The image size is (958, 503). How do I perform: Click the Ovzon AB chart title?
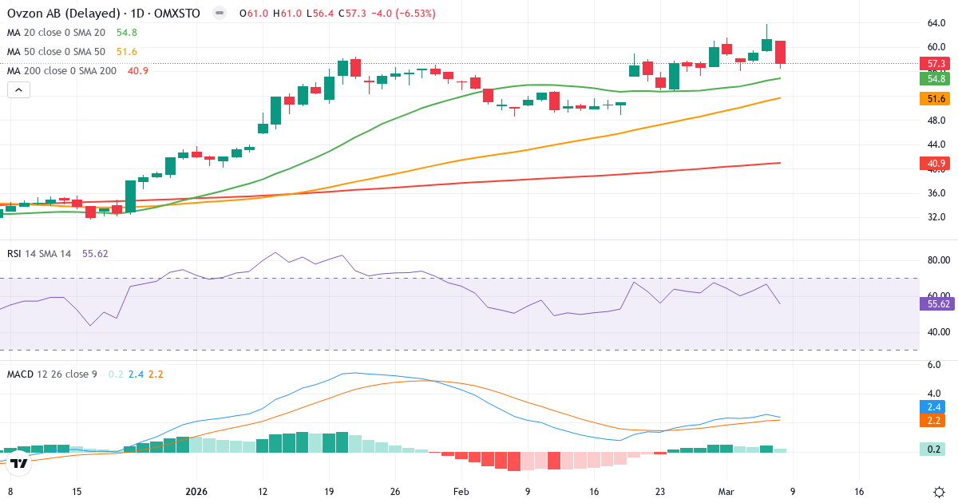click(x=103, y=14)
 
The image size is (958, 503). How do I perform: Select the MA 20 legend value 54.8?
click(x=127, y=33)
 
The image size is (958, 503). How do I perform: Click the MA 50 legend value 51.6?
click(x=127, y=52)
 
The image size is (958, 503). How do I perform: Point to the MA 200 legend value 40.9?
click(x=138, y=71)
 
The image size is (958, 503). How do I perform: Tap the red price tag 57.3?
click(x=932, y=63)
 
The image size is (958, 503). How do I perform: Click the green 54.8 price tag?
click(x=932, y=78)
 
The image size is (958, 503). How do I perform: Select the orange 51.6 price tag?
click(x=932, y=98)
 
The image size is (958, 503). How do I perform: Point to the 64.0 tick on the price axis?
click(x=936, y=23)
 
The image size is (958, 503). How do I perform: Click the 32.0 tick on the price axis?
click(x=936, y=217)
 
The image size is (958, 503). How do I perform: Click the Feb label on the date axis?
click(x=461, y=491)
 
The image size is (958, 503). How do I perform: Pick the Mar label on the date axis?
click(x=725, y=491)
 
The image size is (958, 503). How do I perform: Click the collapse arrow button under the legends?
click(x=19, y=90)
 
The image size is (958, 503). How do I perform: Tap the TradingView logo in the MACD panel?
click(x=19, y=461)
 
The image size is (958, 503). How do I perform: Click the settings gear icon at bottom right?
click(x=940, y=491)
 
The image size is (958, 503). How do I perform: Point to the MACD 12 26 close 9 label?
click(x=52, y=374)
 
